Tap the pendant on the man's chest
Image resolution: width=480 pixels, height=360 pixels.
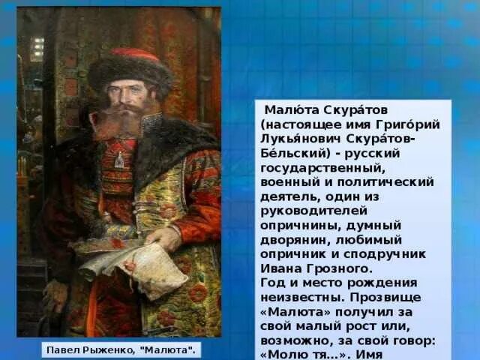click(x=118, y=160)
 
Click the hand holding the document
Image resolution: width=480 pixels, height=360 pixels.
click(x=166, y=238)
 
